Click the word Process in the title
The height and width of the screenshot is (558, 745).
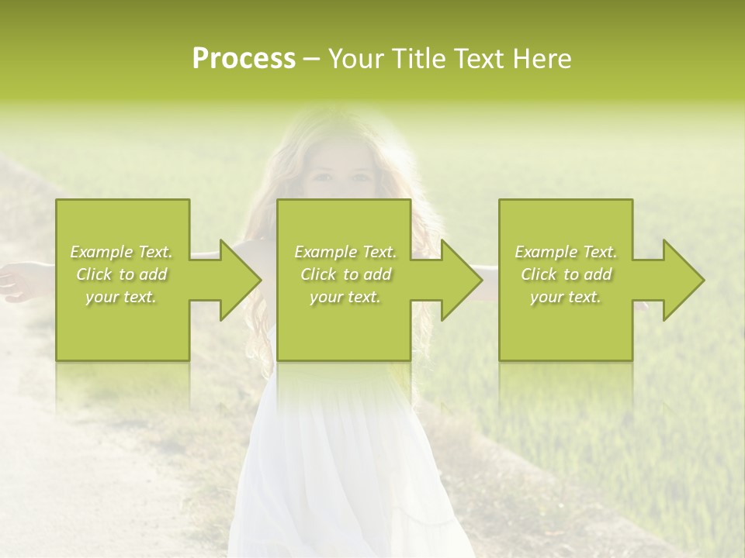click(244, 59)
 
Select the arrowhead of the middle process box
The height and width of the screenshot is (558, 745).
click(461, 280)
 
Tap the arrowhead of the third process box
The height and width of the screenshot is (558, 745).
click(683, 280)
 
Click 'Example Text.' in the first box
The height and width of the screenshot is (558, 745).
click(122, 252)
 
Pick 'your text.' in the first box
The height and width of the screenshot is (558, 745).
click(122, 297)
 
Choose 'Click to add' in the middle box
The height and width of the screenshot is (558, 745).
click(345, 274)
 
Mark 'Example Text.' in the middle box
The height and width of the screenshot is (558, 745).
click(345, 252)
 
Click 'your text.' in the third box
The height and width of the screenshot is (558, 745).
click(566, 297)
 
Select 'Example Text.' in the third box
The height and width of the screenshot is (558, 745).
click(566, 252)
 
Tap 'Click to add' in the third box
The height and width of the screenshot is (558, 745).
click(566, 274)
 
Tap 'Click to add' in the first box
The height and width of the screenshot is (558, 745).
click(122, 274)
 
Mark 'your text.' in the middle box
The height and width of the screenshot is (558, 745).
click(345, 297)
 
